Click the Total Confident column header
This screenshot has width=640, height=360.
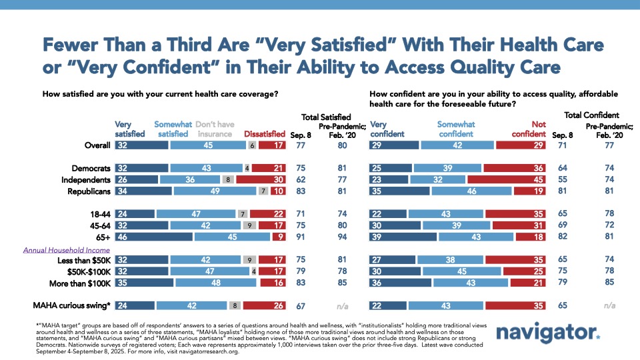coord(591,115)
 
